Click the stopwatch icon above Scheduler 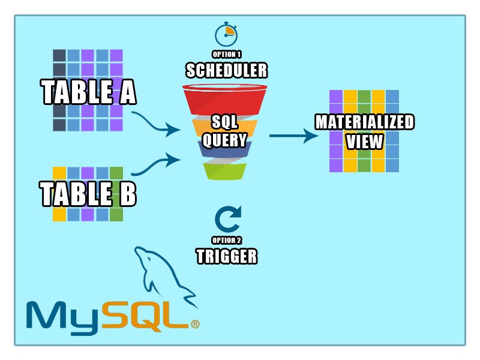[x=226, y=34]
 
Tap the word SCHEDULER [x=226, y=71]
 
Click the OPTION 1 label [x=226, y=55]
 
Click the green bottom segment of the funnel [x=224, y=172]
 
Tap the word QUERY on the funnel [x=224, y=140]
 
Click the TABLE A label [x=89, y=93]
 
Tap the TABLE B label [x=88, y=194]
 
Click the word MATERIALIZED [x=365, y=122]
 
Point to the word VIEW [x=365, y=142]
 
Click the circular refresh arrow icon [x=227, y=220]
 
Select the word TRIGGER [x=227, y=257]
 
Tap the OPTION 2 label [x=227, y=241]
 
